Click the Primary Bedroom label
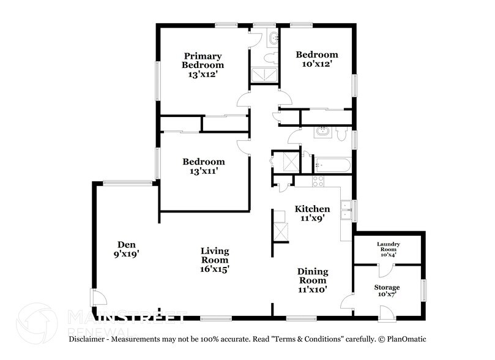pos(203,60)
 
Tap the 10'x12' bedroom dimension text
pos(316,64)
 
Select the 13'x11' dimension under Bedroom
pos(203,171)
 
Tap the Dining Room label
pos(313,276)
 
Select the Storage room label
pos(387,287)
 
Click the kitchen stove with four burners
pos(318,181)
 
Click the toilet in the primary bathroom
pos(269,58)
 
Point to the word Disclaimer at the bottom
pos(89,339)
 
